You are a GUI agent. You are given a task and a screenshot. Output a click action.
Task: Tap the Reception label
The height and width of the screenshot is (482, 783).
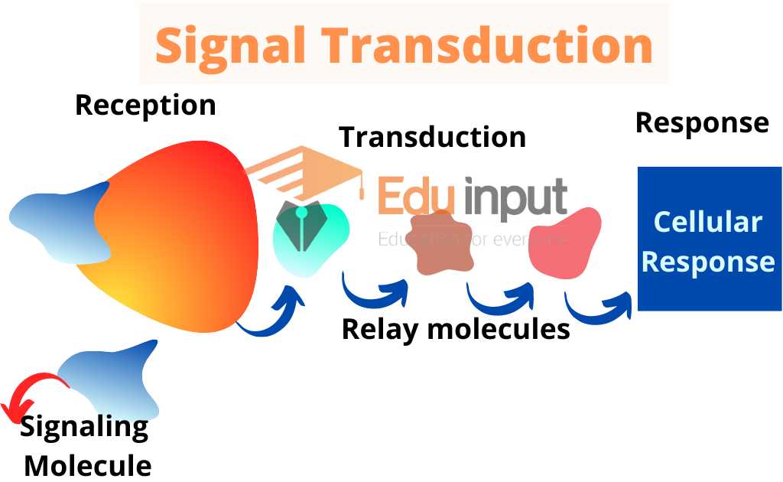point(145,106)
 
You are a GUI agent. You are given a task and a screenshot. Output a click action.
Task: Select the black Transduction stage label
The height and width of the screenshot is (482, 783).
point(433,136)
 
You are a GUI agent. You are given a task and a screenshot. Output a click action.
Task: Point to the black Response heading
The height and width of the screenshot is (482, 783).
point(702,122)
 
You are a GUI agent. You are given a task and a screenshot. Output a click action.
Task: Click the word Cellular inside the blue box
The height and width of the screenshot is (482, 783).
point(708,222)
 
